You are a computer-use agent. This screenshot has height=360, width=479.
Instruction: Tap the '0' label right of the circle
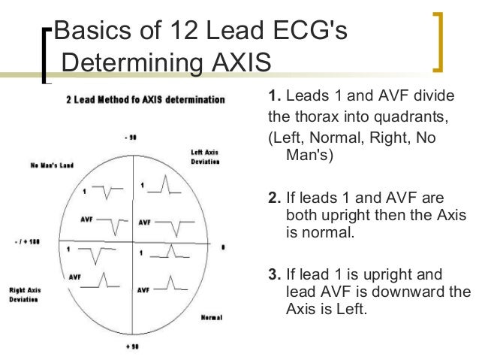point(223,247)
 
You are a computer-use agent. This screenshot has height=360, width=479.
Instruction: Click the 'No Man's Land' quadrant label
point(52,165)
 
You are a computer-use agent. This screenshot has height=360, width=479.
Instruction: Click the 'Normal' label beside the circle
point(212,317)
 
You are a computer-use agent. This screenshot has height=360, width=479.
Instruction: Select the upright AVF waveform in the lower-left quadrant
point(103,281)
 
